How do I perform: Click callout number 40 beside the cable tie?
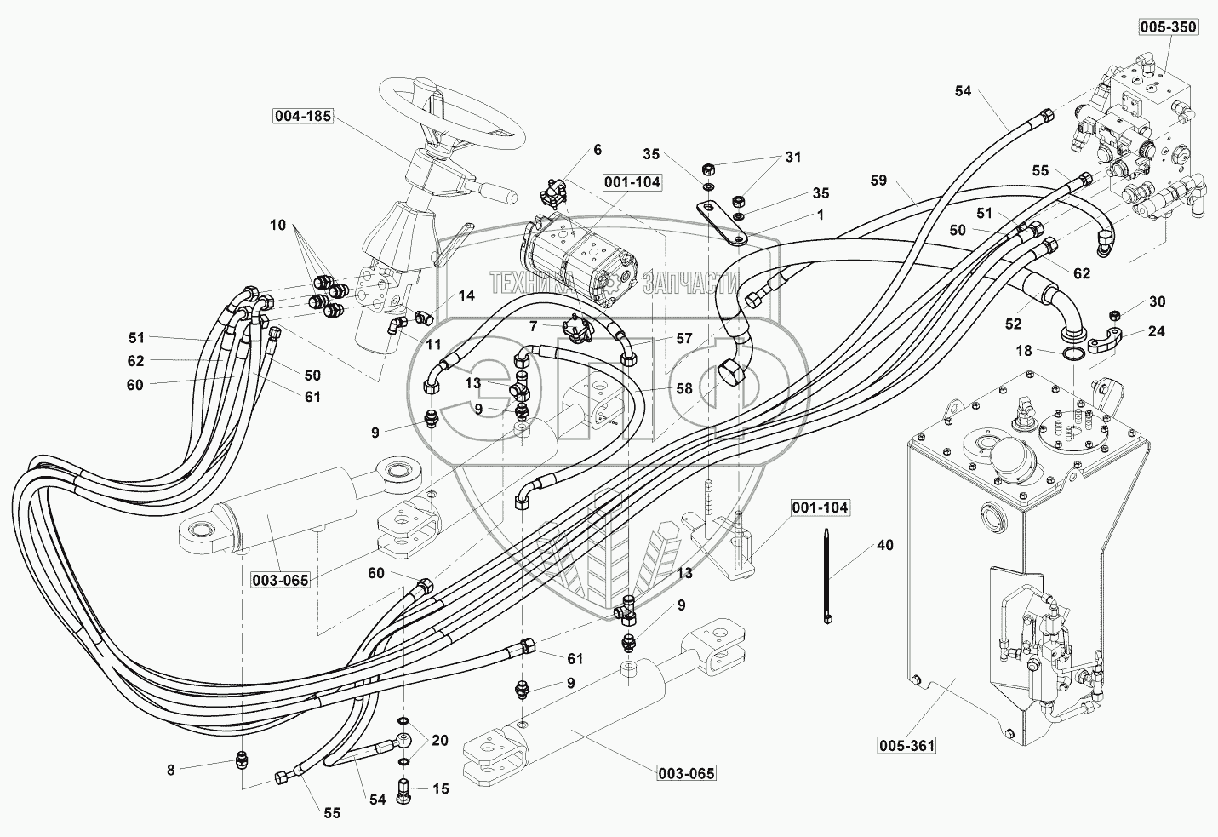(x=885, y=544)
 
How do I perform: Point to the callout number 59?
(x=879, y=181)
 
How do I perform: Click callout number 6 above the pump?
(x=597, y=150)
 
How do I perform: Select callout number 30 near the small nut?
(x=1157, y=301)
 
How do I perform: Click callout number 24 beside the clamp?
(x=1157, y=331)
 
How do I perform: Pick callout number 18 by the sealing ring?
(x=1023, y=350)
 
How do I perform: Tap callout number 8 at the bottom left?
(x=170, y=770)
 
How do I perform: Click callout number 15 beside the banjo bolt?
(x=440, y=789)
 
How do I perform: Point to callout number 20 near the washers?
(x=440, y=741)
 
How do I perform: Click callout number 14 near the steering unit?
(x=466, y=295)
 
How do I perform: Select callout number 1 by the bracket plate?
(x=821, y=215)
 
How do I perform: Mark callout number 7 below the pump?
(x=533, y=326)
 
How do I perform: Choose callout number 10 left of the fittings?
(x=278, y=225)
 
